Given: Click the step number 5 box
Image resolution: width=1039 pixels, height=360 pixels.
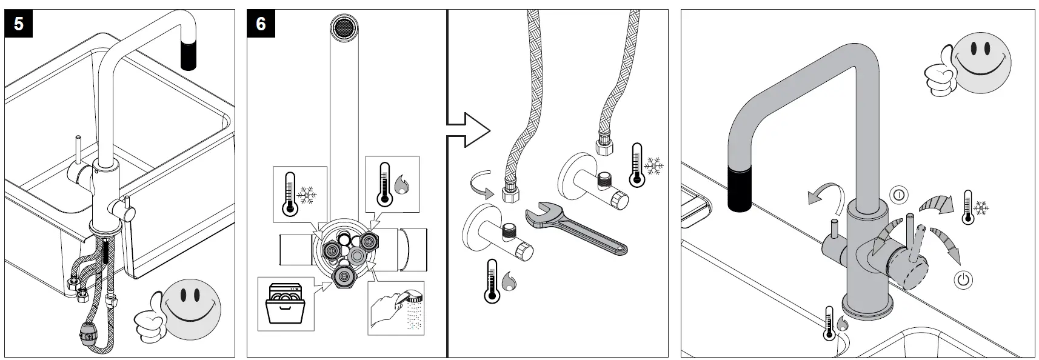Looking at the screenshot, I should point(19,24).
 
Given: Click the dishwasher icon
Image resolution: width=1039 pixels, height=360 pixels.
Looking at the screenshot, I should point(286,304).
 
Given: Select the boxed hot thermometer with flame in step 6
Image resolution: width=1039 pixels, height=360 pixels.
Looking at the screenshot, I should point(392,184).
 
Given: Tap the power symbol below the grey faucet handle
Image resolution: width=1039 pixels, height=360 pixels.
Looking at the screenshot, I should point(963,279).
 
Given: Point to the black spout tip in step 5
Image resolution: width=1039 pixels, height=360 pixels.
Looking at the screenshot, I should point(189,52).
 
